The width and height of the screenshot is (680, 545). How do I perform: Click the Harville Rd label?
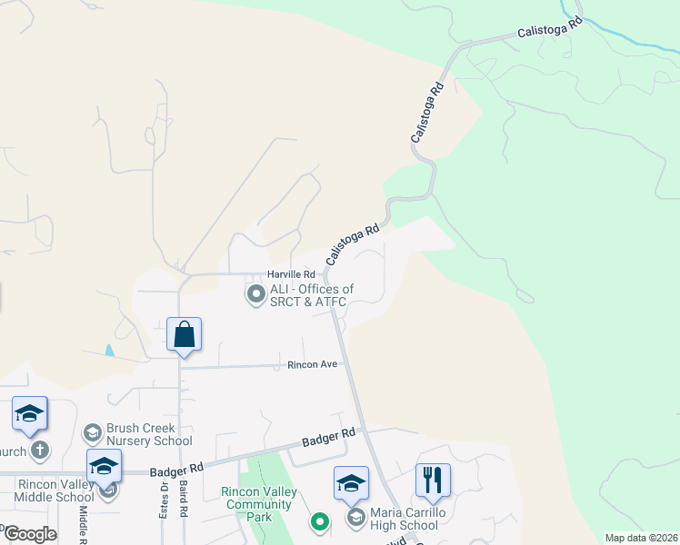pyautogui.click(x=290, y=274)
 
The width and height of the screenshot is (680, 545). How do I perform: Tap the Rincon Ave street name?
pyautogui.click(x=312, y=364)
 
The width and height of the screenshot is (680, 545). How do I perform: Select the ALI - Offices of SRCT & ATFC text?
pyautogui.click(x=311, y=295)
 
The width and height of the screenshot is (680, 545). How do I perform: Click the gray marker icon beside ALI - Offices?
pyautogui.click(x=255, y=293)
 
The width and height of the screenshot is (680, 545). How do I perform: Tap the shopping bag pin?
pyautogui.click(x=184, y=334)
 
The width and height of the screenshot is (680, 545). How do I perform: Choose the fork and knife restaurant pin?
pyautogui.click(x=433, y=480)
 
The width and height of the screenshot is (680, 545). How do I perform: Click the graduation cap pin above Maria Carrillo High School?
pyautogui.click(x=351, y=483)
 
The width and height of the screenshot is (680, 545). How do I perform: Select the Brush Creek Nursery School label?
pyautogui.click(x=149, y=434)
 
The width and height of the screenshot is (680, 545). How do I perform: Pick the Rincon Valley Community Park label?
pyautogui.click(x=259, y=504)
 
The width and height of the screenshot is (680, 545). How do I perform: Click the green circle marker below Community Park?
pyautogui.click(x=319, y=521)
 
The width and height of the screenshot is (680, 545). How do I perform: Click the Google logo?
pyautogui.click(x=29, y=534)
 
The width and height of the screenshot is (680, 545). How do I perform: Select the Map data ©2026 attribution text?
pyautogui.click(x=640, y=538)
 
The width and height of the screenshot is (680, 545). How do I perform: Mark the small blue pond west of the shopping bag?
pyautogui.click(x=110, y=350)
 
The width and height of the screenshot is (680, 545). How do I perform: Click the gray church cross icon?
pyautogui.click(x=39, y=451)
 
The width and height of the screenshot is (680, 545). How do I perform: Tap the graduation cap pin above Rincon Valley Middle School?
pyautogui.click(x=104, y=466)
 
